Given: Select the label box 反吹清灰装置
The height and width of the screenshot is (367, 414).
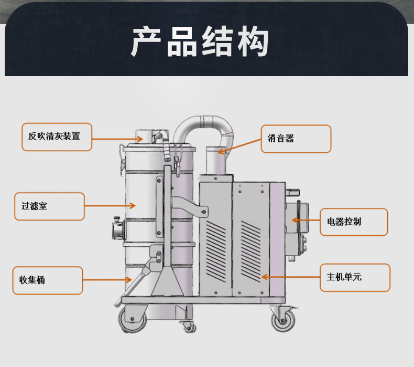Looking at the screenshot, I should coord(57,137).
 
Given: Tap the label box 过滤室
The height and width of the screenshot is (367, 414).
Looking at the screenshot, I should coord(49,206).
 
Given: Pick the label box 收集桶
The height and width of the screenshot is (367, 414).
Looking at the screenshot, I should coord(48,280).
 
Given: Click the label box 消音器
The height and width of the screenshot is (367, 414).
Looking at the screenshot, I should coord(296,139).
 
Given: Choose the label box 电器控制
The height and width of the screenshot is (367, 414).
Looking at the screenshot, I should coord(354,222).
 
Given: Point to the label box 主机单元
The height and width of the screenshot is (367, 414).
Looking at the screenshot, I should coord(355,278).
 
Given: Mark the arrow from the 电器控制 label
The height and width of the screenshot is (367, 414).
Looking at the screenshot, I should coord(307,221).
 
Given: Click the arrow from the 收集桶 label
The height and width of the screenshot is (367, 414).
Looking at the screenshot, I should coord(107,280).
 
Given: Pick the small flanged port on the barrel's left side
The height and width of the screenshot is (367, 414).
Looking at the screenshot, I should coord(117,229).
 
